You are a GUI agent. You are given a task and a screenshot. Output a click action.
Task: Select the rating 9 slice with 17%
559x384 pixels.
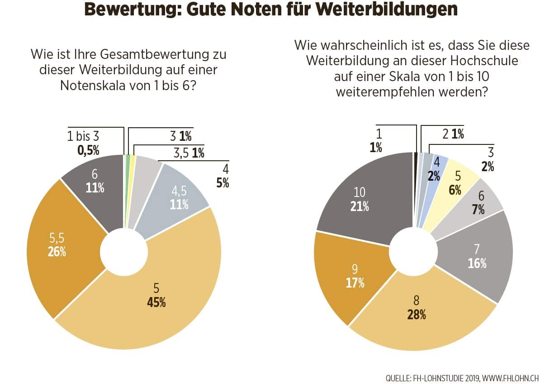(x=355, y=276)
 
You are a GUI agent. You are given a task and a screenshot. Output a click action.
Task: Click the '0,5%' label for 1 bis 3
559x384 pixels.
(x=88, y=150)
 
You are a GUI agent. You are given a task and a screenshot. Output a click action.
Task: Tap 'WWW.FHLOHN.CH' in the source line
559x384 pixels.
(x=513, y=377)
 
